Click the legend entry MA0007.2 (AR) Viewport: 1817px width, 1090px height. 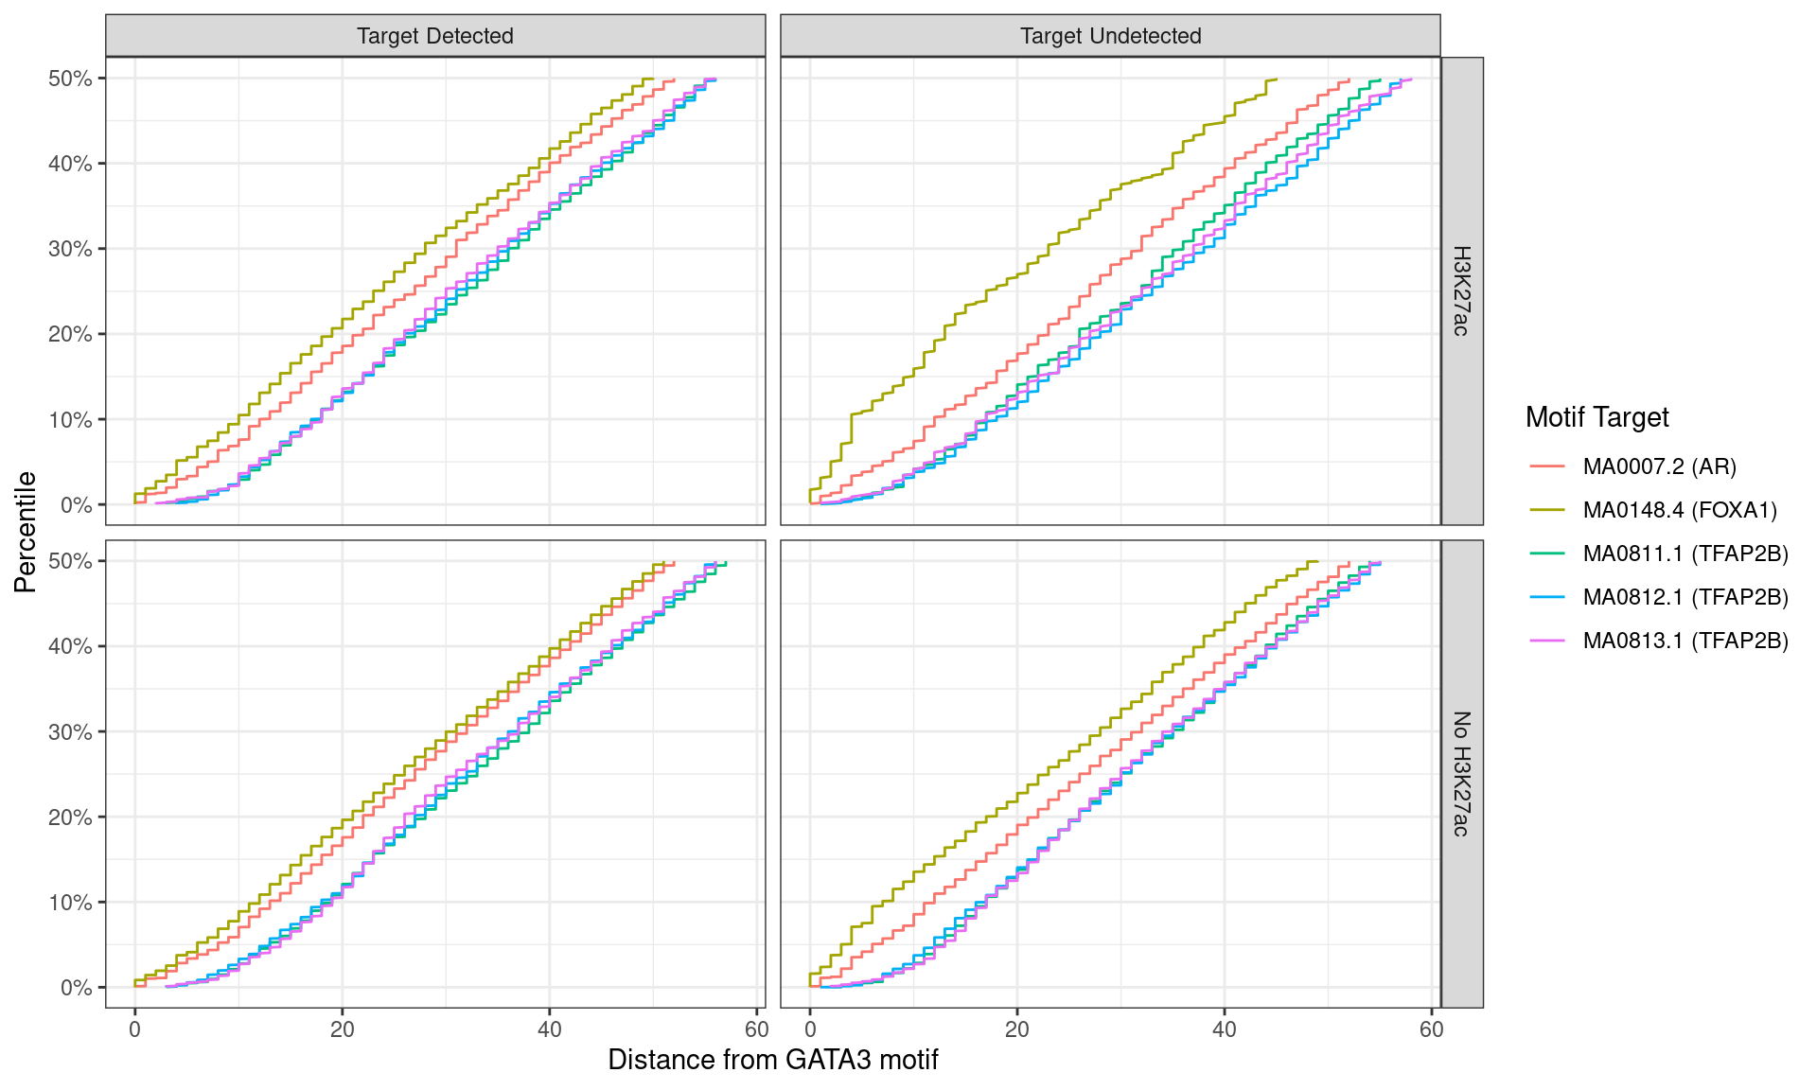(x=1659, y=466)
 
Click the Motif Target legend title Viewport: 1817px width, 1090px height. (x=1596, y=417)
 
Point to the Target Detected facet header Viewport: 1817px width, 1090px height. (x=434, y=36)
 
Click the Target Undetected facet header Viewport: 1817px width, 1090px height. (x=1110, y=36)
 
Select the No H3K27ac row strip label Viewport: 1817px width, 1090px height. (x=1461, y=773)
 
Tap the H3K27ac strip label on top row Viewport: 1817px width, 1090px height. (x=1461, y=290)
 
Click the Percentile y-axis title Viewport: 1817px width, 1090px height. (x=26, y=532)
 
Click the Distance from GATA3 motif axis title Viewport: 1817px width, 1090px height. (x=772, y=1060)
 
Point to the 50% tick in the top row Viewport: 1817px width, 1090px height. (x=70, y=79)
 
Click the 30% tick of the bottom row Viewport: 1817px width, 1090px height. (x=70, y=732)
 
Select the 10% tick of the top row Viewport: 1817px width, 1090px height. (x=70, y=420)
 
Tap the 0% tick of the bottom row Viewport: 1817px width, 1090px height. (x=76, y=988)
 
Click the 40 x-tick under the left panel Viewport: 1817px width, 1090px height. (x=549, y=1029)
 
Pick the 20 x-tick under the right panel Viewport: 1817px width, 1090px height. (x=1016, y=1029)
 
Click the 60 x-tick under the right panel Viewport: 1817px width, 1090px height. (x=1431, y=1029)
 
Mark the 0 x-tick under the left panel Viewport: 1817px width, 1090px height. (x=134, y=1029)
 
